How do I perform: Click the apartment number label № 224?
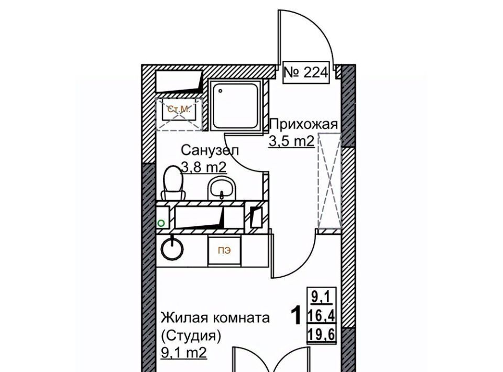pyautogui.click(x=306, y=72)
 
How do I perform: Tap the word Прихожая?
pyautogui.click(x=304, y=124)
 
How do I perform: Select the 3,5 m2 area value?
pyautogui.click(x=291, y=141)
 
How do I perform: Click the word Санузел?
pyautogui.click(x=210, y=150)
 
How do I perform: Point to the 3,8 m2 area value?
pyautogui.click(x=204, y=167)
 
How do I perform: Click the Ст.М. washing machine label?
pyautogui.click(x=179, y=110)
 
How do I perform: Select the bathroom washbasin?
pyautogui.click(x=222, y=189)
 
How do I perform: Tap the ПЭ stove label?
pyautogui.click(x=224, y=251)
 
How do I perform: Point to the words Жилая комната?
pyautogui.click(x=215, y=318)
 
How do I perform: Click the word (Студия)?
pyautogui.click(x=191, y=336)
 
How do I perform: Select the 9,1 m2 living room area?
pyautogui.click(x=183, y=353)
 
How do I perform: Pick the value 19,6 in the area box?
pyautogui.click(x=321, y=335)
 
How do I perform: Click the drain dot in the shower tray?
pyautogui.click(x=221, y=91)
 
